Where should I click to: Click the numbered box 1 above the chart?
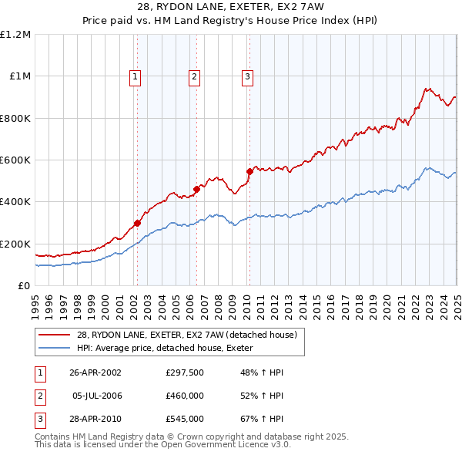pos(135,76)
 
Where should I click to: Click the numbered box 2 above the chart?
pos(194,76)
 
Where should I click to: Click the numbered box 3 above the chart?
pos(247,76)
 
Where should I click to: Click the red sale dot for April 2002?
pos(137,223)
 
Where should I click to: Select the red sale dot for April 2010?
pos(249,171)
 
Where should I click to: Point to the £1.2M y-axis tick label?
pos(15,35)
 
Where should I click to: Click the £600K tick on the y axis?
pos(15,160)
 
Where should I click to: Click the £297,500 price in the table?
pos(185,372)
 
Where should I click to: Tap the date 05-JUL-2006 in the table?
pos(97,396)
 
